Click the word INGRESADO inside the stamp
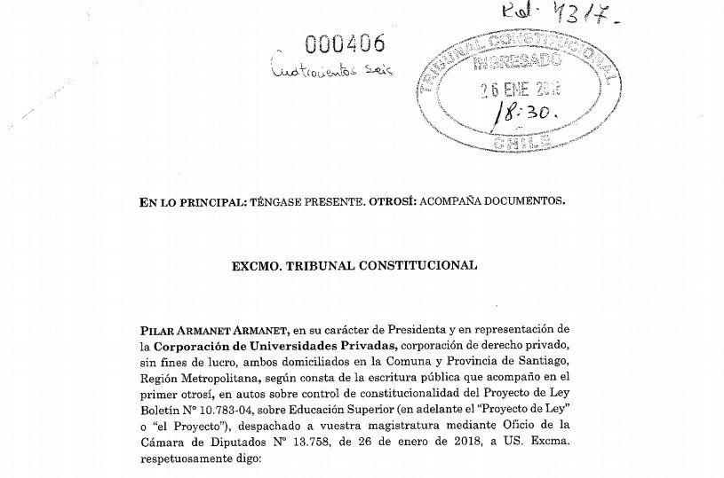[518, 62]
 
